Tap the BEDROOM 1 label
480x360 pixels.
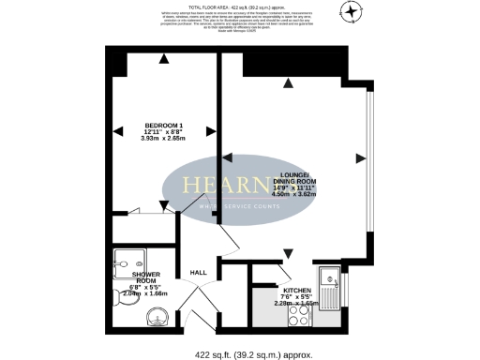pos(163,126)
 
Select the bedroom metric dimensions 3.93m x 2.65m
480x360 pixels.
pos(163,139)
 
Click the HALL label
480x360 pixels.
pos(199,273)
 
